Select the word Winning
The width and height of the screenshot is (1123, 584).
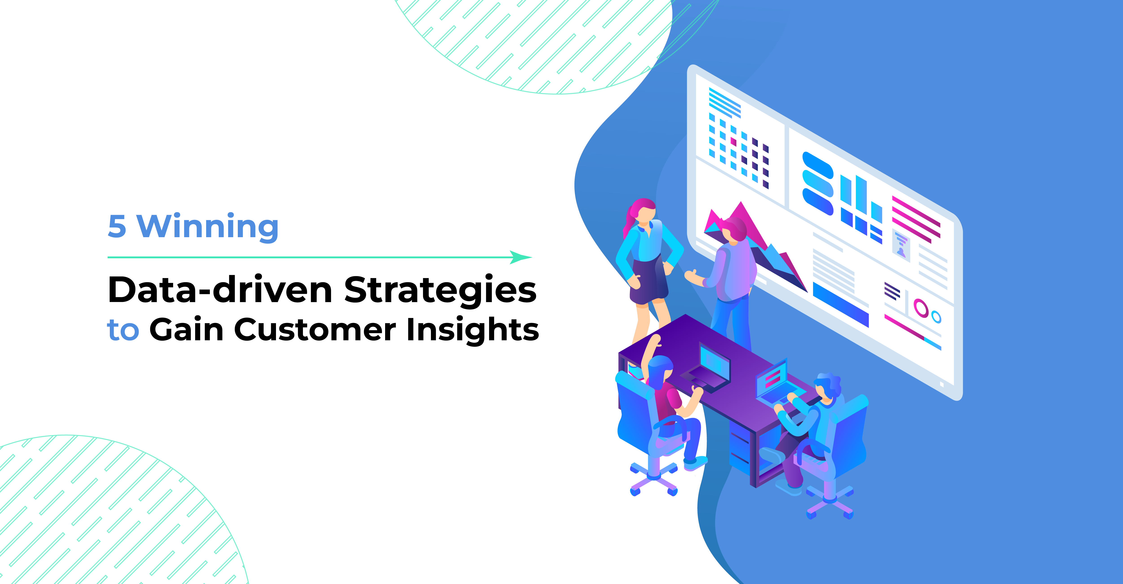coord(207,227)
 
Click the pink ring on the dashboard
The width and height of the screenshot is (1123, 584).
coord(921,308)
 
